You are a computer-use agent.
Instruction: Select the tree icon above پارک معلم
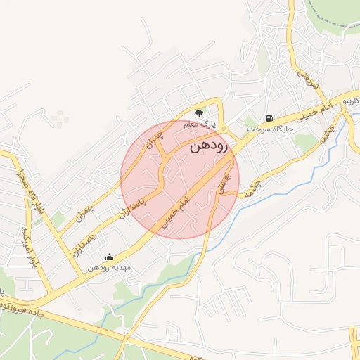(199, 112)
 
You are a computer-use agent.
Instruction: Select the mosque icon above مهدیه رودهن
(108, 257)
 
